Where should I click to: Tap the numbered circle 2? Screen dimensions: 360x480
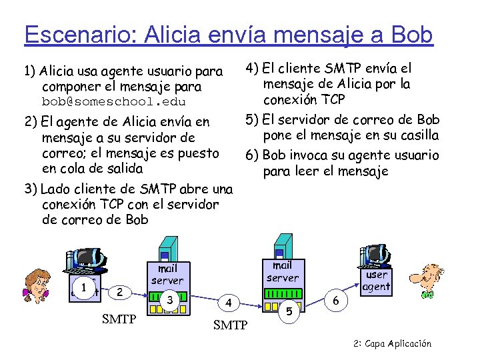click(119, 291)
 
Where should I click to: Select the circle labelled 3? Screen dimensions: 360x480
click(171, 300)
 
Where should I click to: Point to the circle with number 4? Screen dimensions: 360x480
click(228, 303)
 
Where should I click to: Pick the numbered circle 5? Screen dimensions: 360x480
click(289, 310)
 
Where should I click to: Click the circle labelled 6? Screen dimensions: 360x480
click(336, 301)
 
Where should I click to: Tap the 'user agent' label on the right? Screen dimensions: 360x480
click(377, 281)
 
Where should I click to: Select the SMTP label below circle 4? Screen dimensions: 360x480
click(230, 326)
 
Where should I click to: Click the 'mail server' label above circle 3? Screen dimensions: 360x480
click(167, 275)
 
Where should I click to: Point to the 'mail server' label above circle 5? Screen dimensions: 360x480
click(283, 271)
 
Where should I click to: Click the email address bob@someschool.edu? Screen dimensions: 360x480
click(113, 102)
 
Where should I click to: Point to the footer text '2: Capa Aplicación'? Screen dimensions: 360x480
click(393, 344)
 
